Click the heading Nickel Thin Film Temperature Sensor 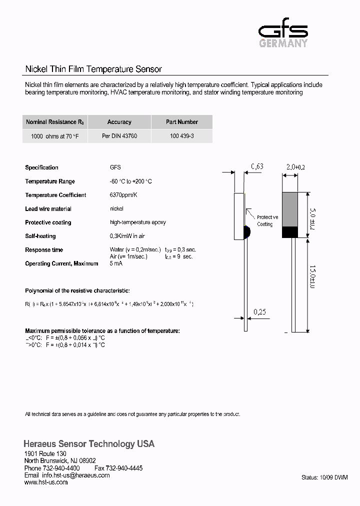click(93, 69)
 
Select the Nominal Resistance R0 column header click(55, 122)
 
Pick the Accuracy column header click(119, 122)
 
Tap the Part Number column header click(181, 122)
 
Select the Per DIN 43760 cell click(119, 136)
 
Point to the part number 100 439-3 click(181, 136)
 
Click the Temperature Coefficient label click(55, 195)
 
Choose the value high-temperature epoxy click(137, 222)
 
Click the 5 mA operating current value click(116, 263)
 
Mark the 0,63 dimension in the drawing click(257, 166)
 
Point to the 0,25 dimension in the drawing click(259, 312)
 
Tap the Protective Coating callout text click(267, 221)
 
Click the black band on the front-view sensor click(290, 232)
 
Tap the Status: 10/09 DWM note click(324, 477)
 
